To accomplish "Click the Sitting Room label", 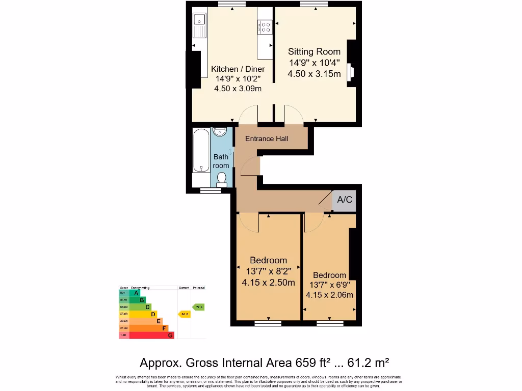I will [314, 51].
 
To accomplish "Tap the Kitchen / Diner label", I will [238, 69].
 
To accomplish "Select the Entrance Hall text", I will [267, 138].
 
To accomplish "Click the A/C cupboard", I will [345, 200].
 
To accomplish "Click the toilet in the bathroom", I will [221, 179].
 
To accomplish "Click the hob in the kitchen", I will [265, 26].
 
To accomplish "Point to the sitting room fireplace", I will [350, 72].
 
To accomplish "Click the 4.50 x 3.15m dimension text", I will [314, 74].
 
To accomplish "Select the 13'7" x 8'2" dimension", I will [268, 271].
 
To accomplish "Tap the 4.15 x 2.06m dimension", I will [329, 295].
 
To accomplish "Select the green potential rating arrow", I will [198, 307].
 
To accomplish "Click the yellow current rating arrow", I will [184, 314].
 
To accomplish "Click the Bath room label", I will [221, 161].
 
